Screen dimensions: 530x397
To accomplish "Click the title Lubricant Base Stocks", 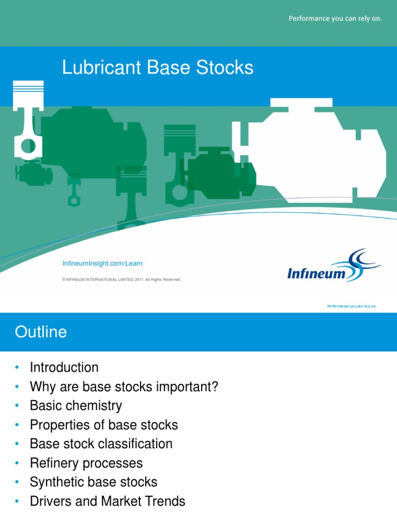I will pos(158,67).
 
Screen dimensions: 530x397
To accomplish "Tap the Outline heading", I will pos(41,332).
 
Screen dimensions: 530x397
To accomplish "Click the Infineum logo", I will pos(333,266).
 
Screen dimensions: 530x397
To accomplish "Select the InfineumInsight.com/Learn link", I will pos(102,263).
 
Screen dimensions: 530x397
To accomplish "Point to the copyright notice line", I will pos(121,279).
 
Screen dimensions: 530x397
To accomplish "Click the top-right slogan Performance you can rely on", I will pos(335,19).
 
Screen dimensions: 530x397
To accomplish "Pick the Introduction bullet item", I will pos(64,367).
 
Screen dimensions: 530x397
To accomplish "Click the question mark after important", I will pos(215,387).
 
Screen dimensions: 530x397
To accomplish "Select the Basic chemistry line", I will pos(76,406).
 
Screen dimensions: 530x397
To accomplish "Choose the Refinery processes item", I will pos(86,463).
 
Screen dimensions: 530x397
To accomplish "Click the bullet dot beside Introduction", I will pos(17,367).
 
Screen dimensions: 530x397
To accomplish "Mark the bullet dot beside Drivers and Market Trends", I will pos(17,501).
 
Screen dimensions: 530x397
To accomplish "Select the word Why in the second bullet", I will pos(41,387).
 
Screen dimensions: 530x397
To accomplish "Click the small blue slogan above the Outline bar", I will pos(352,306).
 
